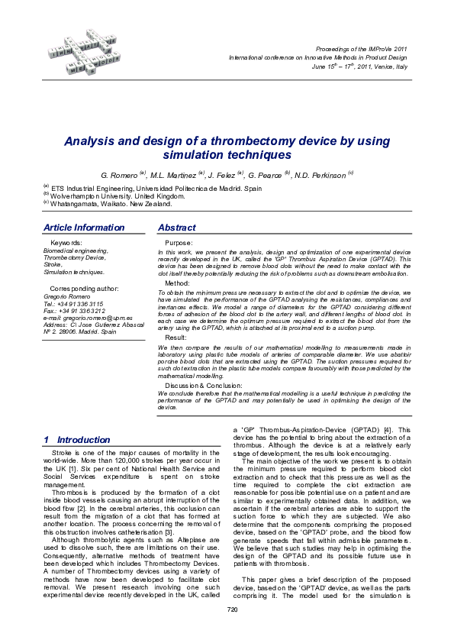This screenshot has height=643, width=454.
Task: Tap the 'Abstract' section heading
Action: (x=176, y=228)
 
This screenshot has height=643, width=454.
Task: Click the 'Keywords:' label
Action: (x=65, y=242)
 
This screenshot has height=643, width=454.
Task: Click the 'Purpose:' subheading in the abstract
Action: (x=180, y=242)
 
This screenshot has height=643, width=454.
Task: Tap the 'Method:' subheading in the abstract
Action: (x=178, y=283)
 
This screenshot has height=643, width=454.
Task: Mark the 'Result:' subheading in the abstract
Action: (x=176, y=337)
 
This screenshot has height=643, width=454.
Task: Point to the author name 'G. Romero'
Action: (x=119, y=176)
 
